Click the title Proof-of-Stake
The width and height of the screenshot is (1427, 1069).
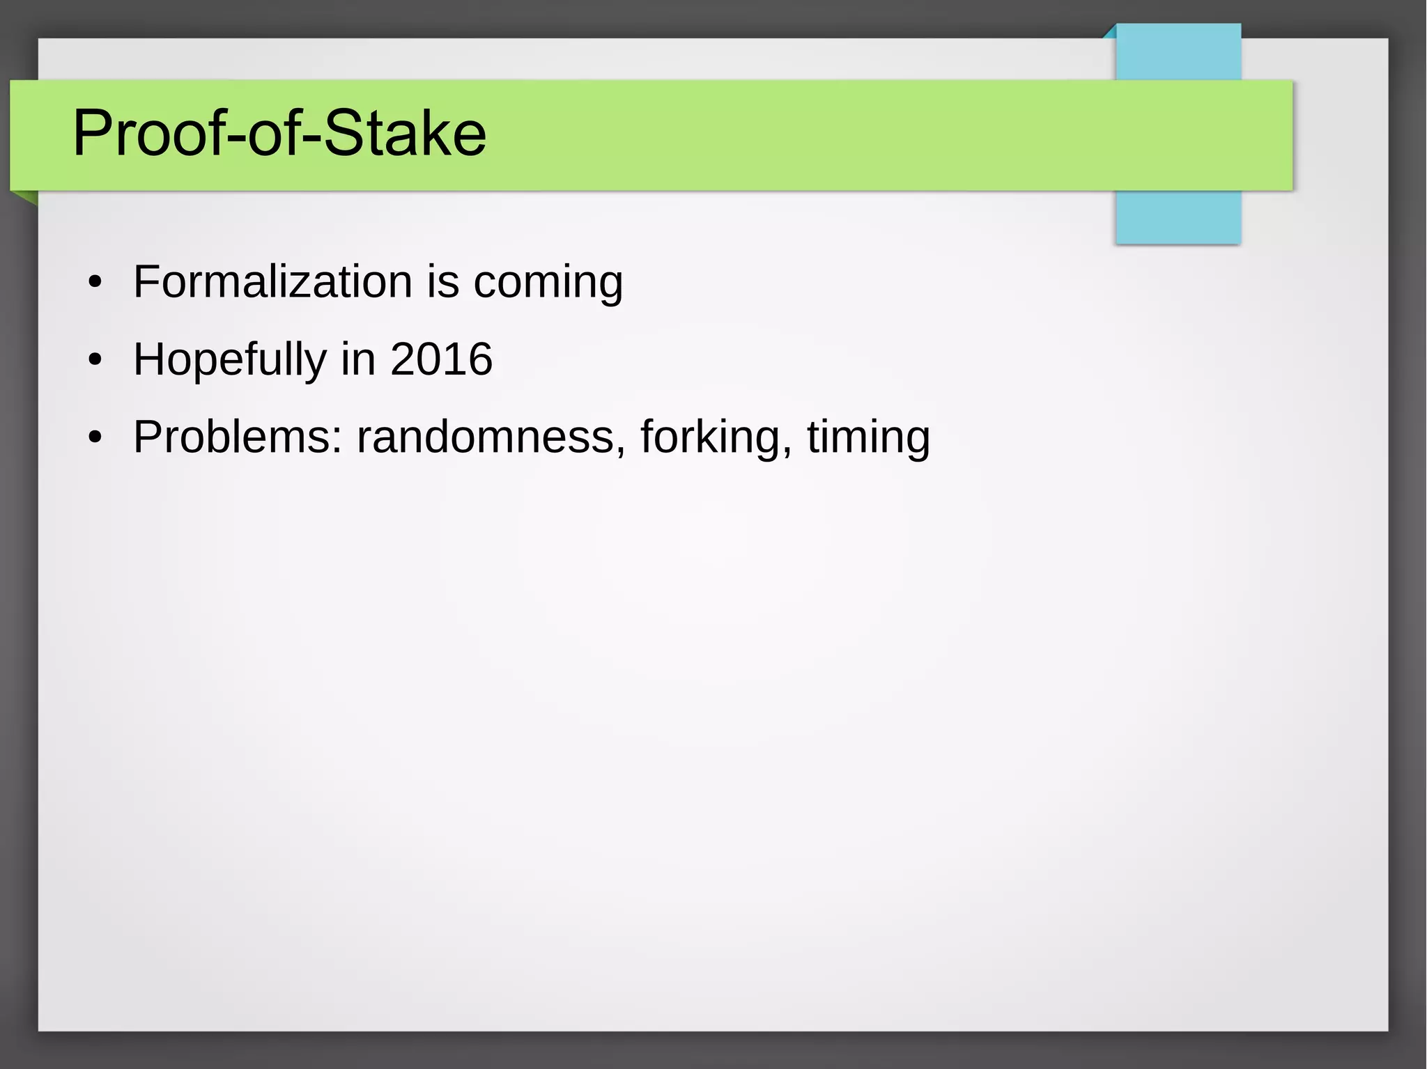tap(279, 133)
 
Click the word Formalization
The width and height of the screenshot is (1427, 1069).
tap(272, 282)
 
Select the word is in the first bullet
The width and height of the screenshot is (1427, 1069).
tap(442, 282)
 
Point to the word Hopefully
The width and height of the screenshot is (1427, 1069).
tap(229, 361)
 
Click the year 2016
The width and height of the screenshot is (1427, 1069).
tap(441, 359)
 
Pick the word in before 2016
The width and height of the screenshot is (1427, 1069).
tap(358, 359)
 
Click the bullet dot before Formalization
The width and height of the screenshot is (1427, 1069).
tap(95, 283)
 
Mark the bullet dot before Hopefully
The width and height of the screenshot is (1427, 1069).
tap(95, 361)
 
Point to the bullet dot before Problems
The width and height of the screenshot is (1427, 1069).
tap(95, 438)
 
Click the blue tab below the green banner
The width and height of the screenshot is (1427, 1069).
tap(1178, 217)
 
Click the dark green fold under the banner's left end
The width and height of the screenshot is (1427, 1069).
tap(26, 197)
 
